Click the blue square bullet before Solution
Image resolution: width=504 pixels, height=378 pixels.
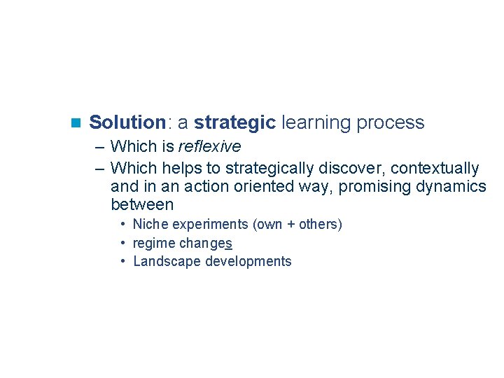pos(76,123)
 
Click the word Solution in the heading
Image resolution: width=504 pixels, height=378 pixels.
pos(127,122)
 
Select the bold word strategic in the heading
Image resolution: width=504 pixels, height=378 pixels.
pos(234,123)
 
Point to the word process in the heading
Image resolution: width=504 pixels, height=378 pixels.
pos(390,123)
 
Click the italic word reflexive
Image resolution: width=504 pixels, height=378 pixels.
pos(209,147)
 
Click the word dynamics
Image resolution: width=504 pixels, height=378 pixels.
pos(452,187)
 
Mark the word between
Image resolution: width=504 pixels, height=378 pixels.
pos(142,205)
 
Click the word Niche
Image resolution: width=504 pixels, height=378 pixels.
pos(150,225)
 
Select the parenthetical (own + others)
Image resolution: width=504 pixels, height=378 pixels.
pos(297,225)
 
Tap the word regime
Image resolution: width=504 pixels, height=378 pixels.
pos(155,244)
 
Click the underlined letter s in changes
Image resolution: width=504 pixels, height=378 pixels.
pos(229,244)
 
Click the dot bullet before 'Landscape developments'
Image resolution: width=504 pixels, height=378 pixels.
pos(122,261)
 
